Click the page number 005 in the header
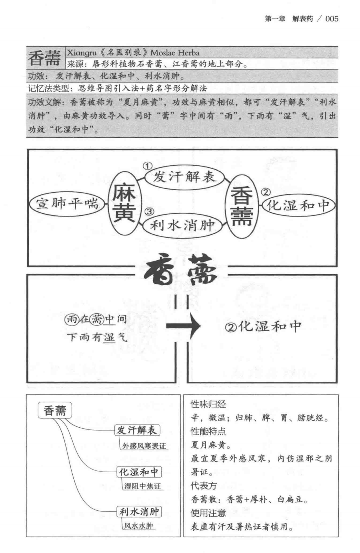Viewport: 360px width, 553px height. pyautogui.click(x=332, y=19)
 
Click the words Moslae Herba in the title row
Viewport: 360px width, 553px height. pyautogui.click(x=175, y=53)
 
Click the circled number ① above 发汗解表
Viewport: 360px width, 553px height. pyautogui.click(x=147, y=166)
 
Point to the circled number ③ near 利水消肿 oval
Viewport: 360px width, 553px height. pyautogui.click(x=149, y=212)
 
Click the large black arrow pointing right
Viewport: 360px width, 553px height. pyautogui.click(x=184, y=326)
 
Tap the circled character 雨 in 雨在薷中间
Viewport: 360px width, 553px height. pyautogui.click(x=71, y=319)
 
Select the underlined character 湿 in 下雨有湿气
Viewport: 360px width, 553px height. pyautogui.click(x=109, y=337)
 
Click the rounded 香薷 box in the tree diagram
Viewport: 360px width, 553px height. pyautogui.click(x=55, y=410)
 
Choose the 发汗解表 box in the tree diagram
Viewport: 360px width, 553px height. pyautogui.click(x=137, y=430)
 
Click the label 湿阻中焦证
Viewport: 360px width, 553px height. pyautogui.click(x=142, y=486)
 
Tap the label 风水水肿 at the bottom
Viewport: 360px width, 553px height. pyautogui.click(x=139, y=526)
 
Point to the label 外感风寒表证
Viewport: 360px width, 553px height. pyautogui.click(x=144, y=446)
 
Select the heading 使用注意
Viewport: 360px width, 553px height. pyautogui.click(x=208, y=513)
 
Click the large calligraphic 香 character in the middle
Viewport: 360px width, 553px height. pyautogui.click(x=160, y=270)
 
